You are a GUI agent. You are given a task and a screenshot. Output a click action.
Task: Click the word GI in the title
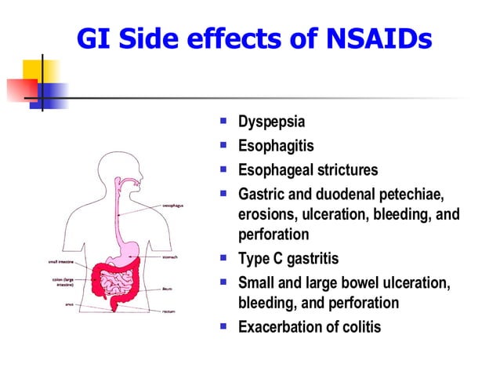click(94, 39)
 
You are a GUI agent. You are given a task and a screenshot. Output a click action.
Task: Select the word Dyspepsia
click(271, 123)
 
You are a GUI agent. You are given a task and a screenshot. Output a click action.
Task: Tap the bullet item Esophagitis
click(276, 146)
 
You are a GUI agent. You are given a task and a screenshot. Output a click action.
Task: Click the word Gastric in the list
click(262, 193)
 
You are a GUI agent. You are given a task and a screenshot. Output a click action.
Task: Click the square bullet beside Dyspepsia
click(224, 122)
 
